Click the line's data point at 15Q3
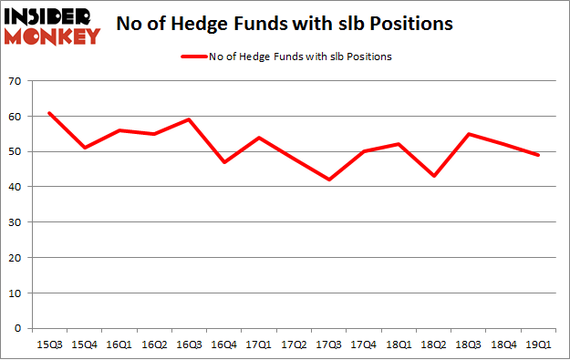(x=49, y=113)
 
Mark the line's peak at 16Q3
(x=189, y=119)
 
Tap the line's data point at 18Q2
(x=433, y=176)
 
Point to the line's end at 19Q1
(x=538, y=155)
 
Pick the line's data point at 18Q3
(x=468, y=134)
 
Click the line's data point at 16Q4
(x=223, y=162)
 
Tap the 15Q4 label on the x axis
(x=84, y=344)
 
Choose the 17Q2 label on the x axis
(x=294, y=344)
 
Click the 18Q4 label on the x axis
(x=503, y=344)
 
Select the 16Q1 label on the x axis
(x=119, y=344)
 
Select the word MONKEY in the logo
(x=53, y=36)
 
